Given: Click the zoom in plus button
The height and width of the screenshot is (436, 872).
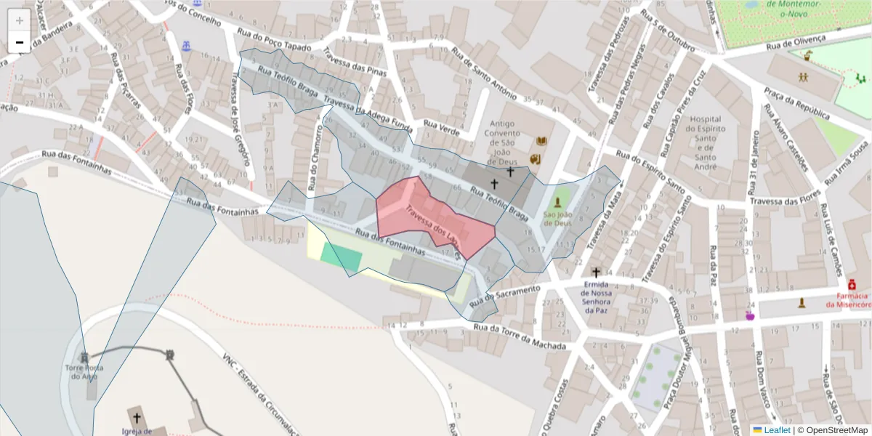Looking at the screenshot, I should pyautogui.click(x=19, y=20).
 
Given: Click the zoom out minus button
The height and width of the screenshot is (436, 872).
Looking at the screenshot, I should pyautogui.click(x=19, y=42).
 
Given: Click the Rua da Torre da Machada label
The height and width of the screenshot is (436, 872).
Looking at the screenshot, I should pyautogui.click(x=519, y=336).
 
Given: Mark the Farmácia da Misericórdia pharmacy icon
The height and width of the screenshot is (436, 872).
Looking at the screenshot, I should pyautogui.click(x=852, y=284).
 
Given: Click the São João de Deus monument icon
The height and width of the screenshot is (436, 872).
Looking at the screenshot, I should pyautogui.click(x=558, y=202).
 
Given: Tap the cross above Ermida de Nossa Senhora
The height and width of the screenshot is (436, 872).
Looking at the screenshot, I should pyautogui.click(x=596, y=272).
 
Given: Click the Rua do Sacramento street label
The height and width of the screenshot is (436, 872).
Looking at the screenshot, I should pyautogui.click(x=506, y=294).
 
